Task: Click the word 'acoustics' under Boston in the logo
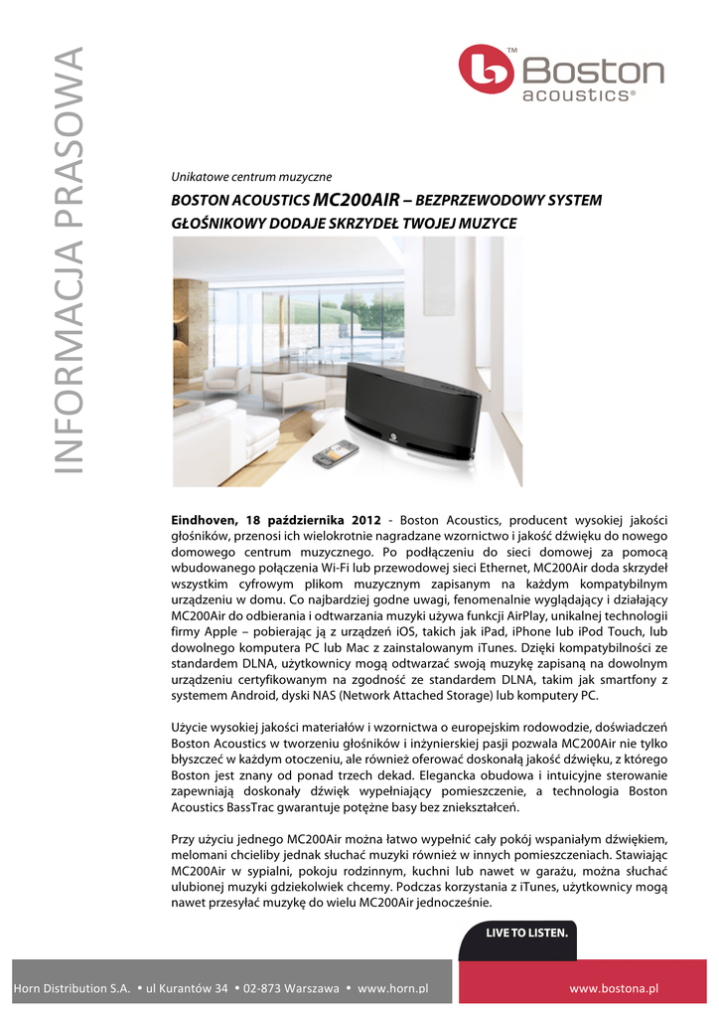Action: coord(577,95)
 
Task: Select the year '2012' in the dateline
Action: coord(366,520)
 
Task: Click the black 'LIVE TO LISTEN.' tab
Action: coord(526,933)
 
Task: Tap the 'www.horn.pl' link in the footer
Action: coord(392,988)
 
